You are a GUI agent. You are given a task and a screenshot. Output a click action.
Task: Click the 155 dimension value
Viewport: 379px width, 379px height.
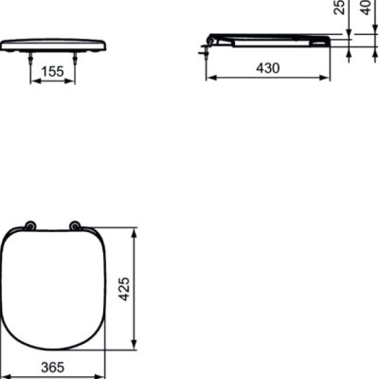53,70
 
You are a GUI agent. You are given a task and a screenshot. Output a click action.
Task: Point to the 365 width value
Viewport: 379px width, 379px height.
53,368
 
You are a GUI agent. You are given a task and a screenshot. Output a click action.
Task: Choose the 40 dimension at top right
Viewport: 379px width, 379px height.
365,9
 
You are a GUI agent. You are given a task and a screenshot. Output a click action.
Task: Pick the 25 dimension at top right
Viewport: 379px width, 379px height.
339,9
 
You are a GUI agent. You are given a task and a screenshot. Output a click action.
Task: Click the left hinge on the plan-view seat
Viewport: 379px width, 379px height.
31,226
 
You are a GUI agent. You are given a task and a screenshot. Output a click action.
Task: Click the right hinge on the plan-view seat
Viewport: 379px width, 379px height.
75,226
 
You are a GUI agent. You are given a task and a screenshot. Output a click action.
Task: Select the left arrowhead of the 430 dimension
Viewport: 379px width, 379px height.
209,79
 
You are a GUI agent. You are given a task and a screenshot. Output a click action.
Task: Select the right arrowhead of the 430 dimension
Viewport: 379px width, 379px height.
327,79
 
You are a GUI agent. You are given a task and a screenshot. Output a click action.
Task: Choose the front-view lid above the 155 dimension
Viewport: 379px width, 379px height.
53,45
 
